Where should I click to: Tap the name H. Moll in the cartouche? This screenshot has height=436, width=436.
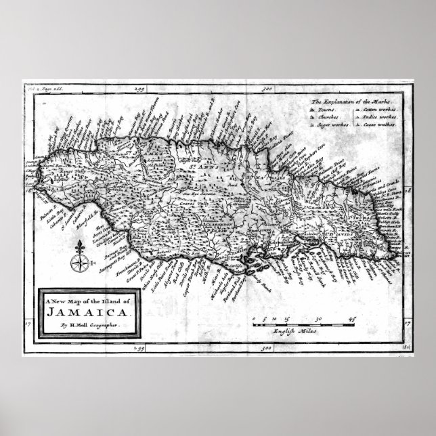coord(76,326)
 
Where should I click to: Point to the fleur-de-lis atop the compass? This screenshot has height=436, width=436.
coord(79,244)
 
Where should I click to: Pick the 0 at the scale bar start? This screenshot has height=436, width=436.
coord(253,318)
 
